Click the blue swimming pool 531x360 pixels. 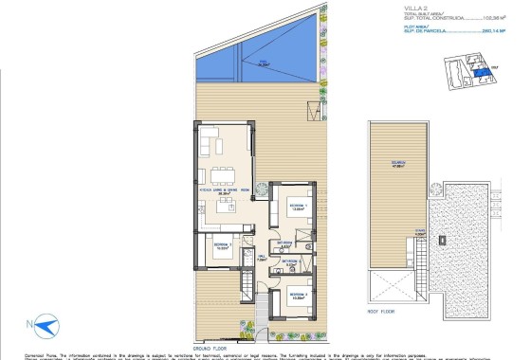[x=250, y=66]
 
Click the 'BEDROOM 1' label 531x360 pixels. [x=296, y=205]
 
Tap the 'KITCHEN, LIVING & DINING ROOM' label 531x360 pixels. [x=224, y=191]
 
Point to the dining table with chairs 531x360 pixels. [x=225, y=173]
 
